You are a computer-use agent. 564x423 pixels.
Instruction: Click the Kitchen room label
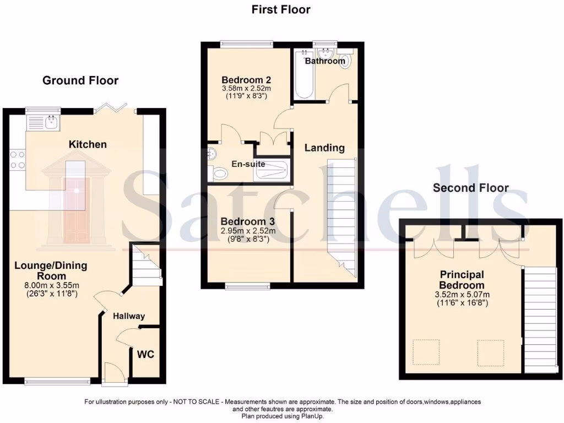click(x=88, y=144)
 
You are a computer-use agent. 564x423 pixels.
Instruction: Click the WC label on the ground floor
click(x=146, y=354)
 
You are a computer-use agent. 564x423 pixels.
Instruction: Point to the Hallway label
click(x=129, y=316)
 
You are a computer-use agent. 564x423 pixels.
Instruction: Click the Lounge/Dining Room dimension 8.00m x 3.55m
click(x=51, y=285)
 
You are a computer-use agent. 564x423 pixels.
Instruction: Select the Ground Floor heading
click(x=80, y=80)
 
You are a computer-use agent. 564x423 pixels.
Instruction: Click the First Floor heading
click(x=281, y=9)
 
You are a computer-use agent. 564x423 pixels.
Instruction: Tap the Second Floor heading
click(x=470, y=188)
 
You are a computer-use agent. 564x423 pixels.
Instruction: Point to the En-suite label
click(x=248, y=164)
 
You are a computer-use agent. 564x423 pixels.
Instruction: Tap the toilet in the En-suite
click(x=220, y=173)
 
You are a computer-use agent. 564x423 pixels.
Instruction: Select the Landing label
click(x=325, y=148)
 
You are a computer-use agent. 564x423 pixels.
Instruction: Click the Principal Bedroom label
click(x=462, y=280)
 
